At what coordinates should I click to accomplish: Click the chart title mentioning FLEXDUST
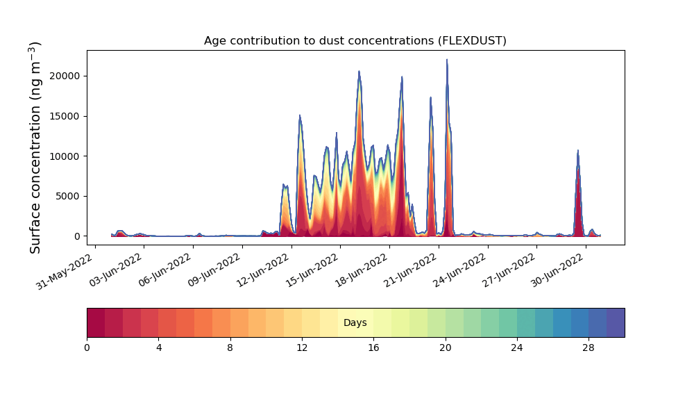tap(355, 41)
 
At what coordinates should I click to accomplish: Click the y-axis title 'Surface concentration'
tap(36, 147)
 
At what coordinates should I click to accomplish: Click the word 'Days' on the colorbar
tap(355, 323)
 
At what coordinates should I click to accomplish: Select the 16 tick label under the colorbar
tap(373, 347)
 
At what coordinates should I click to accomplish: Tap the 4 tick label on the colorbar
tap(158, 347)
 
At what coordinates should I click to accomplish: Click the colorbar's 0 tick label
tap(87, 347)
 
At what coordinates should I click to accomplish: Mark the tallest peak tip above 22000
tap(447, 60)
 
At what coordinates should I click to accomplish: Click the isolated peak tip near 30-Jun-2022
tap(577, 150)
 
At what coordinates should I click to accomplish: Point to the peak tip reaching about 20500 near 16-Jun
tap(359, 71)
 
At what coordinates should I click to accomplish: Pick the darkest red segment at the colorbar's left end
tap(96, 322)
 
